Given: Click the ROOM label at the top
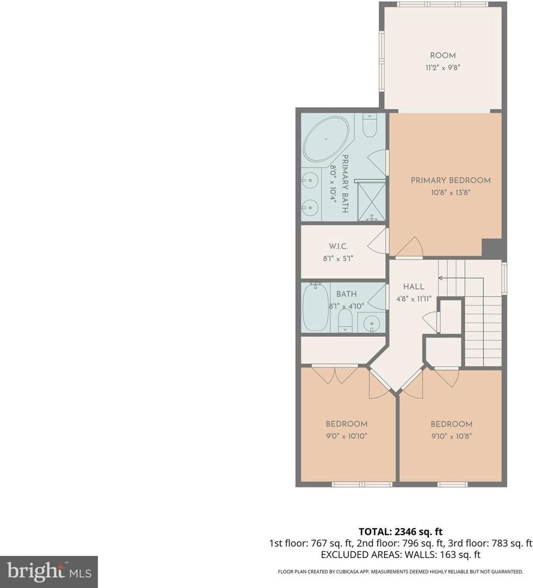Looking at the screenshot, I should [442, 56].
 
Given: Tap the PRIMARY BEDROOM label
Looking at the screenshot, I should [450, 180].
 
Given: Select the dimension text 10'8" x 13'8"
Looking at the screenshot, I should [450, 192].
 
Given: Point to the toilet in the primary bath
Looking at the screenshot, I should [370, 127].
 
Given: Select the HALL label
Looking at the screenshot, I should [413, 287].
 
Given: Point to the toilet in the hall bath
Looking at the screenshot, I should [345, 319].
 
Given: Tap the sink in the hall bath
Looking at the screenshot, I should [371, 322].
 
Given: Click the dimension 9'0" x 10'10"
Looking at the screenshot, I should [346, 436].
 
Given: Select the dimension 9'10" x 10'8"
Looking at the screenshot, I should [451, 436].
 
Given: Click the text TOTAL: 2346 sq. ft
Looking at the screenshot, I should [400, 531].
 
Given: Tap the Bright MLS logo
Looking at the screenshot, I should [48, 571].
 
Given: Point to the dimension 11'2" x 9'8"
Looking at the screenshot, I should [442, 67].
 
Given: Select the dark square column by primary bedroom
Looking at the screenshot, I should [491, 248].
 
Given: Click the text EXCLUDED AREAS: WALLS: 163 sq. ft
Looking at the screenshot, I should [400, 554].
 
